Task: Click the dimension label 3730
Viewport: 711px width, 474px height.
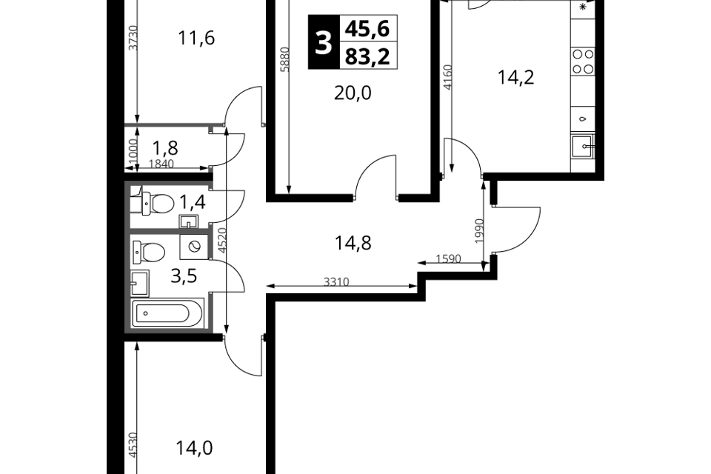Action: tap(133, 37)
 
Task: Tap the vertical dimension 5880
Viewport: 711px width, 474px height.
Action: tap(284, 59)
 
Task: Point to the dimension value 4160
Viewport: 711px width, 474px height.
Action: tap(447, 77)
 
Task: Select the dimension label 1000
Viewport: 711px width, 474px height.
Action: tap(133, 150)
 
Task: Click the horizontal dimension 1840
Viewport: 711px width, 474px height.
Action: tap(161, 164)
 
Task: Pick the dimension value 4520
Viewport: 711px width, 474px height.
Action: tap(221, 240)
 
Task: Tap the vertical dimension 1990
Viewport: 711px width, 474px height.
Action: tap(478, 230)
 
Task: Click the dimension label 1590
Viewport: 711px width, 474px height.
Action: tap(448, 258)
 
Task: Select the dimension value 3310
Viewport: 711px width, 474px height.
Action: tap(336, 281)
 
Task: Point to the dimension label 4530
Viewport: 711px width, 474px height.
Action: tap(133, 444)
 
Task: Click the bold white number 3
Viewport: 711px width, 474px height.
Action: tap(323, 44)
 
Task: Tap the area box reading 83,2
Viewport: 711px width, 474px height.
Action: tap(368, 56)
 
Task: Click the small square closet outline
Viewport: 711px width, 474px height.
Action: tap(136, 199)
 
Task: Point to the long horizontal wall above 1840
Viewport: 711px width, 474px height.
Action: tap(174, 125)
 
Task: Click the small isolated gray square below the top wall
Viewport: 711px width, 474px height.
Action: tap(211, 170)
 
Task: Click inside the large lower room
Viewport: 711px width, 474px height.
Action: tap(170, 281)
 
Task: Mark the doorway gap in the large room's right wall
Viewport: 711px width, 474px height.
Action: tap(211, 276)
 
